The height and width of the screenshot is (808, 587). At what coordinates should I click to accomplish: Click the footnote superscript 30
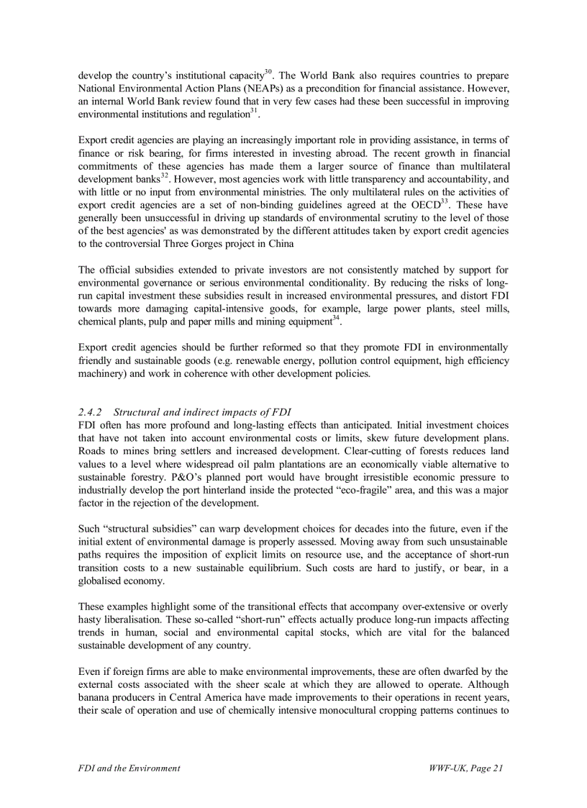[x=268, y=71]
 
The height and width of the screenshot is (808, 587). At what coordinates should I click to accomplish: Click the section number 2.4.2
[x=91, y=412]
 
